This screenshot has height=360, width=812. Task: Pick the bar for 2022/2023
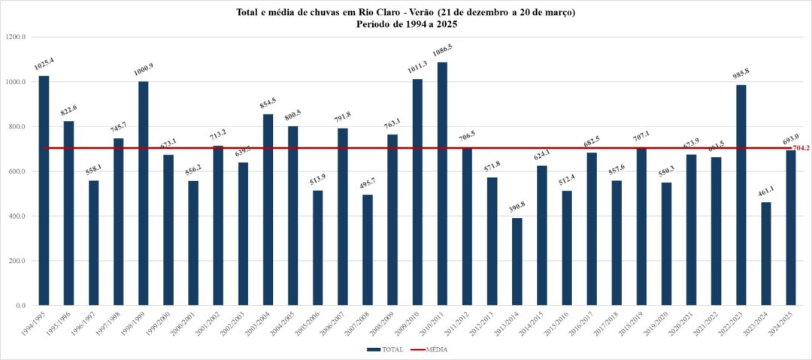(741, 195)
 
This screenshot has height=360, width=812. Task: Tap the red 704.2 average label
(801, 149)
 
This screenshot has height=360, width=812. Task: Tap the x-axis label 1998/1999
(136, 324)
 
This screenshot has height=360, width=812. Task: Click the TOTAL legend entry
(385, 349)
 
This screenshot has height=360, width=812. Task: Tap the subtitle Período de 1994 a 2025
(406, 24)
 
